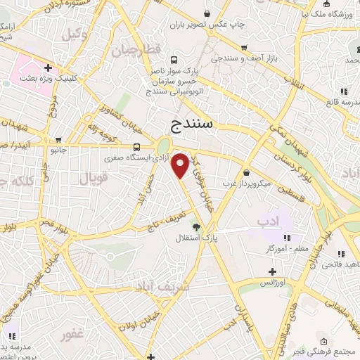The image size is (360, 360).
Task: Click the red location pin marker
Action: [x=181, y=165]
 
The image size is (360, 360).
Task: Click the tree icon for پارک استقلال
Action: [x=196, y=227]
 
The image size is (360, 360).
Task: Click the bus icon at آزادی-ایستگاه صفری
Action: [x=136, y=148]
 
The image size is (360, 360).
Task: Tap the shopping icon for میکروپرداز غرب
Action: [x=246, y=173]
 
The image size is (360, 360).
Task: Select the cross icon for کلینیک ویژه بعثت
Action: [x=47, y=68]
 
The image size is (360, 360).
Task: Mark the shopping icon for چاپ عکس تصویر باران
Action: [x=206, y=13]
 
